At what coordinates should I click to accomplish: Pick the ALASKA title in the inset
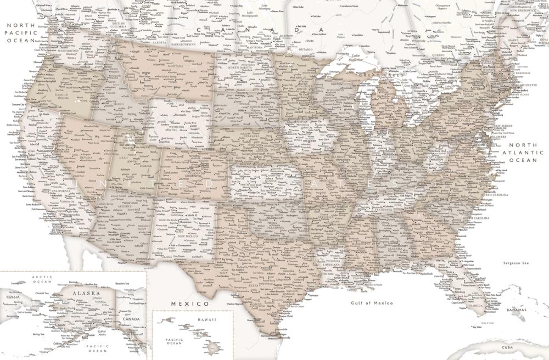coord(86,294)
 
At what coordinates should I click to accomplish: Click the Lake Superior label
coord(346,59)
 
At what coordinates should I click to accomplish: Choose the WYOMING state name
coord(183,127)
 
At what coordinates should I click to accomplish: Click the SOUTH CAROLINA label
coord(475,218)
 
